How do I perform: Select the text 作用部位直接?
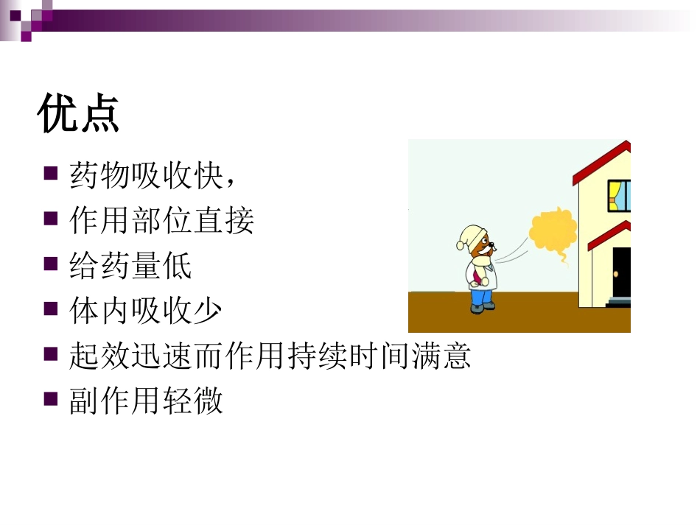tap(161, 221)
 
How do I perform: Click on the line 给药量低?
tap(130, 266)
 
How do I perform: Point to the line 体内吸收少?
tap(146, 311)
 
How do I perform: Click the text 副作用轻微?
tap(146, 402)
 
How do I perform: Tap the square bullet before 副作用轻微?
tap(51, 400)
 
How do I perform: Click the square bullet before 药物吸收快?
tap(51, 174)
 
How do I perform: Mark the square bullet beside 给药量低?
tap(51, 264)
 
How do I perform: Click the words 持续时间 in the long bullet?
tap(348, 357)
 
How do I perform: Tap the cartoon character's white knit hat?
tap(470, 237)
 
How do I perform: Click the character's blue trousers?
tap(480, 295)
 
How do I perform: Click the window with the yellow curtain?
tap(618, 193)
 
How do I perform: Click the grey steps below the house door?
tap(619, 302)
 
